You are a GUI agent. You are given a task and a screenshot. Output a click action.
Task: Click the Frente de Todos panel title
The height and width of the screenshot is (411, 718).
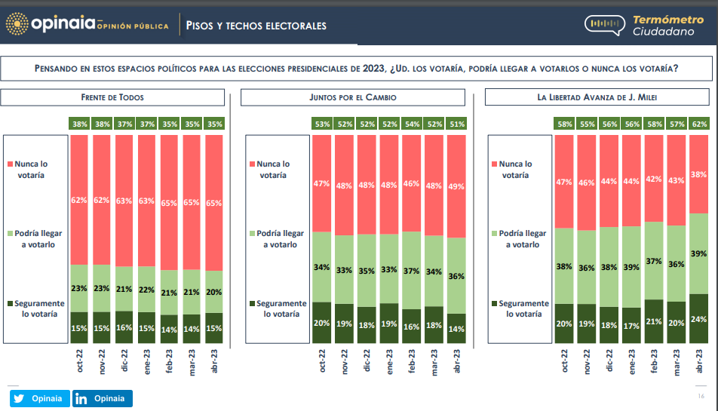(112, 97)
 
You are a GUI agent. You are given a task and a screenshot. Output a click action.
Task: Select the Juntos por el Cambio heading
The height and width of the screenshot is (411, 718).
(352, 97)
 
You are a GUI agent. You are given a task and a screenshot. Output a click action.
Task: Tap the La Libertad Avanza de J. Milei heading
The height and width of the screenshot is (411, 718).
(597, 97)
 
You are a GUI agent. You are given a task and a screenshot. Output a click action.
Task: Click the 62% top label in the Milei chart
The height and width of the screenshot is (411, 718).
(698, 123)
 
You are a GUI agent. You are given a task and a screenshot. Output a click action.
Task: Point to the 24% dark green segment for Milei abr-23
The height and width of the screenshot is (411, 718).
(698, 317)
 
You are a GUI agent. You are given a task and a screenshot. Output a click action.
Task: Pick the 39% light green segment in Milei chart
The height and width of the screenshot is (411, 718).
(698, 253)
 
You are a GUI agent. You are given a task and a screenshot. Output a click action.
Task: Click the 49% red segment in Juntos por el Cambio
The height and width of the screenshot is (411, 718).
(456, 186)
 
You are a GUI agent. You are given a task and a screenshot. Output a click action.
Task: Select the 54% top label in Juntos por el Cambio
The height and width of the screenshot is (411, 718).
(412, 123)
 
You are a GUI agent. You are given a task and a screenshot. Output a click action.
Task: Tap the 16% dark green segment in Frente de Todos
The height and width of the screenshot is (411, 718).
(124, 328)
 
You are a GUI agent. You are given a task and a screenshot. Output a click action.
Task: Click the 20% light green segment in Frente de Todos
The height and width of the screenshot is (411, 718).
(214, 293)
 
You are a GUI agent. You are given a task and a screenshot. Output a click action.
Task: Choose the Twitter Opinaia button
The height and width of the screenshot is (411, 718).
(40, 399)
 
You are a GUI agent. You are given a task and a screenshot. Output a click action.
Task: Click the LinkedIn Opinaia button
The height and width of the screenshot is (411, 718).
(103, 399)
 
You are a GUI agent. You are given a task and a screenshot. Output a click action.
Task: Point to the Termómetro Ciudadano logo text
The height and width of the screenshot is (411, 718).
(664, 25)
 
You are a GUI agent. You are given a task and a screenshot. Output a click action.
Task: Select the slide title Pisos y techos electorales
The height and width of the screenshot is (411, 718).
(256, 26)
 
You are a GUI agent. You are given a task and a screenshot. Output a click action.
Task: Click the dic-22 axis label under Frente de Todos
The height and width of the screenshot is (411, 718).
(124, 360)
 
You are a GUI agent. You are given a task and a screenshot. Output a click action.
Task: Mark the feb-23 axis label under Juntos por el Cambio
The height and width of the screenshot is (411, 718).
(412, 360)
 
